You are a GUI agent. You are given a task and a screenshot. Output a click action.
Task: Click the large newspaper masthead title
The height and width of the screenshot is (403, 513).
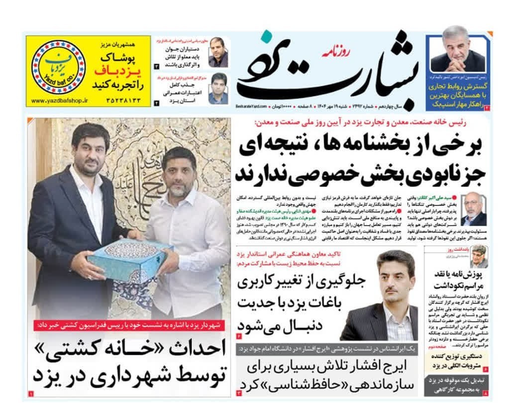[x=328, y=70]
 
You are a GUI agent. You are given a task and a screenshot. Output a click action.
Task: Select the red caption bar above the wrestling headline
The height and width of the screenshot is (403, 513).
[x=130, y=325]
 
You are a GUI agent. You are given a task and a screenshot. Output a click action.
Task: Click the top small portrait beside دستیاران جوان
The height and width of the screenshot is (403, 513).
[x=218, y=53]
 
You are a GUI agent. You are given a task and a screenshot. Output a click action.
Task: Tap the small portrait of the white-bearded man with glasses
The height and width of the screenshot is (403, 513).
[x=473, y=210]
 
